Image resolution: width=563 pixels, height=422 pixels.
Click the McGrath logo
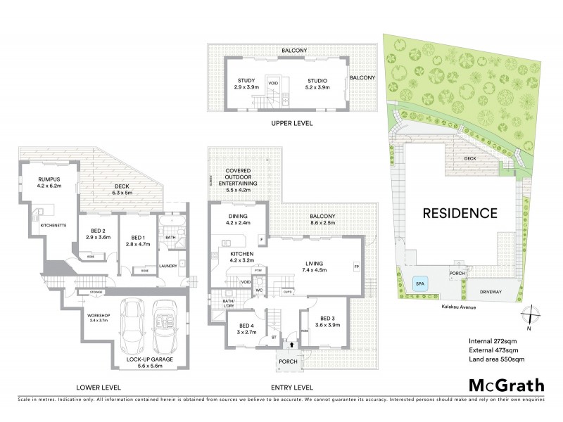506,385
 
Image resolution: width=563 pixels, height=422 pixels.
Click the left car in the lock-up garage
133,325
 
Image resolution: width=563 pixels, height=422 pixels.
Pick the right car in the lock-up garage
168,325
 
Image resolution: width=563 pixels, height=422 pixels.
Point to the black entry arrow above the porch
291,344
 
